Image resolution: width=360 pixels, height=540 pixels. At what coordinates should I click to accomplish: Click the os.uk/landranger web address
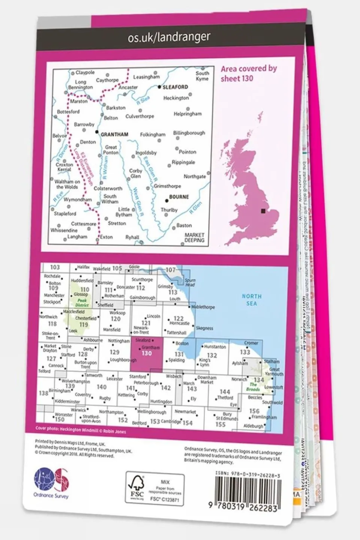click(169, 37)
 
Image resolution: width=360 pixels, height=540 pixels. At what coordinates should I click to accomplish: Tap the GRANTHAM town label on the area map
click(114, 134)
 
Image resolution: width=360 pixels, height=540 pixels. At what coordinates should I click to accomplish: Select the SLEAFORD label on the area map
click(175, 87)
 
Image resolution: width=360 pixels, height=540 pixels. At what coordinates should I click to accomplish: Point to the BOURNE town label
click(179, 197)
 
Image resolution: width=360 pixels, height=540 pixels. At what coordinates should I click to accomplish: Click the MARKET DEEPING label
click(194, 238)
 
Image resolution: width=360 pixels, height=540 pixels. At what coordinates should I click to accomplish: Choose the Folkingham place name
click(152, 134)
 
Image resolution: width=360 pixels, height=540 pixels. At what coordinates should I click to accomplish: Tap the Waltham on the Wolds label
click(67, 184)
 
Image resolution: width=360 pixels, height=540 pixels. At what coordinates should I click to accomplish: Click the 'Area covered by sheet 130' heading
click(249, 73)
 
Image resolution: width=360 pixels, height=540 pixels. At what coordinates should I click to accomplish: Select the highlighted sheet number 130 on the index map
click(146, 353)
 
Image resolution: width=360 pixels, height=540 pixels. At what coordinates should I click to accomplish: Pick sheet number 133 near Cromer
click(245, 352)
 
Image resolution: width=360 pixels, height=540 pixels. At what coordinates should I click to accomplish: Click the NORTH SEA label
click(252, 299)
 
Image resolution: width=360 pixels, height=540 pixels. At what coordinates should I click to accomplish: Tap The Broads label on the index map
click(253, 387)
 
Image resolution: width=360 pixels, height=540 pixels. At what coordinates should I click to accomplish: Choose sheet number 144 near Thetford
click(224, 391)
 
